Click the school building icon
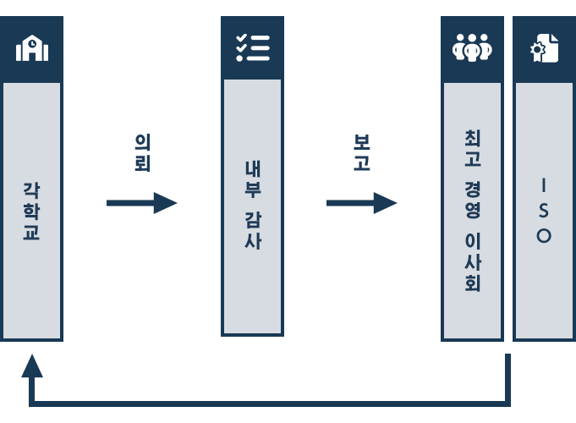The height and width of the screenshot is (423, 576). coord(32,47)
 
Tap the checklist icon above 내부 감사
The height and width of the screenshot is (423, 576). coord(253,47)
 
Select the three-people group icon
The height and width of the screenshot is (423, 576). coord(473,47)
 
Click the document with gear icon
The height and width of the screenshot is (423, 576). coord(545,48)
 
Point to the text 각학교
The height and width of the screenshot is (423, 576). coord(31,211)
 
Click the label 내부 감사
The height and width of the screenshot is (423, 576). coord(253,205)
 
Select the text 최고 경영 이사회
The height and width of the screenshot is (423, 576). coord(473,211)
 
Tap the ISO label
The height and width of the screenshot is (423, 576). coord(544,211)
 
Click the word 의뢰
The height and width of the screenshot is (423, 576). coord(143,152)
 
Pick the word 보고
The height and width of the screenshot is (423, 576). coord(362,152)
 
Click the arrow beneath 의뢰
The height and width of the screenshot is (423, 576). coord(142,203)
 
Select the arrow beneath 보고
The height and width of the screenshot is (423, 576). coord(362,203)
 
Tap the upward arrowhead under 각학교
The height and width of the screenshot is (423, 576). coord(32,366)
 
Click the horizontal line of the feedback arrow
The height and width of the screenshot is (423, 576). coord(270,404)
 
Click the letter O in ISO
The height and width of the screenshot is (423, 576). coord(544,235)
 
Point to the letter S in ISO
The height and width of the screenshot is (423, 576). coord(544,211)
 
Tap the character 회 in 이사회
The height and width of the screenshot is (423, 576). coord(473,283)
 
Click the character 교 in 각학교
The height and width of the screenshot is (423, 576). coord(31,232)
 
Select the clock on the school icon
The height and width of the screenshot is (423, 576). coord(32,43)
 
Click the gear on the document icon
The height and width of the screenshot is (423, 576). coord(537,50)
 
